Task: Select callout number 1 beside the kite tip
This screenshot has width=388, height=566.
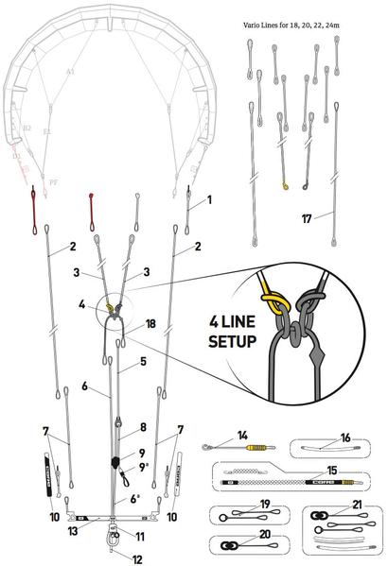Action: point(208,199)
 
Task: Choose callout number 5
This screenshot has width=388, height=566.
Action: point(142,361)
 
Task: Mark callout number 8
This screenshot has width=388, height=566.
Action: point(141,426)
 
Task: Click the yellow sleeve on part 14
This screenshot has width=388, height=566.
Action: point(256,446)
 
